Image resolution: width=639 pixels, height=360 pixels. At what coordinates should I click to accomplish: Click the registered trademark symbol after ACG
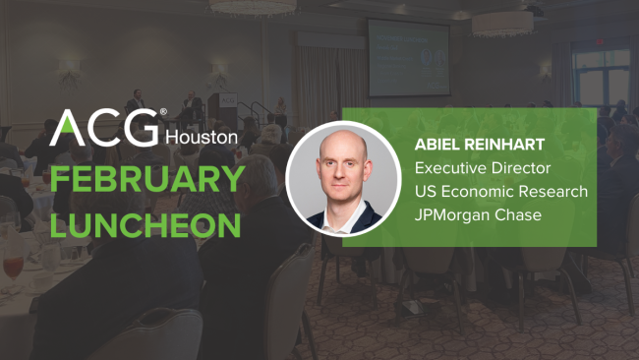pyautogui.click(x=163, y=113)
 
